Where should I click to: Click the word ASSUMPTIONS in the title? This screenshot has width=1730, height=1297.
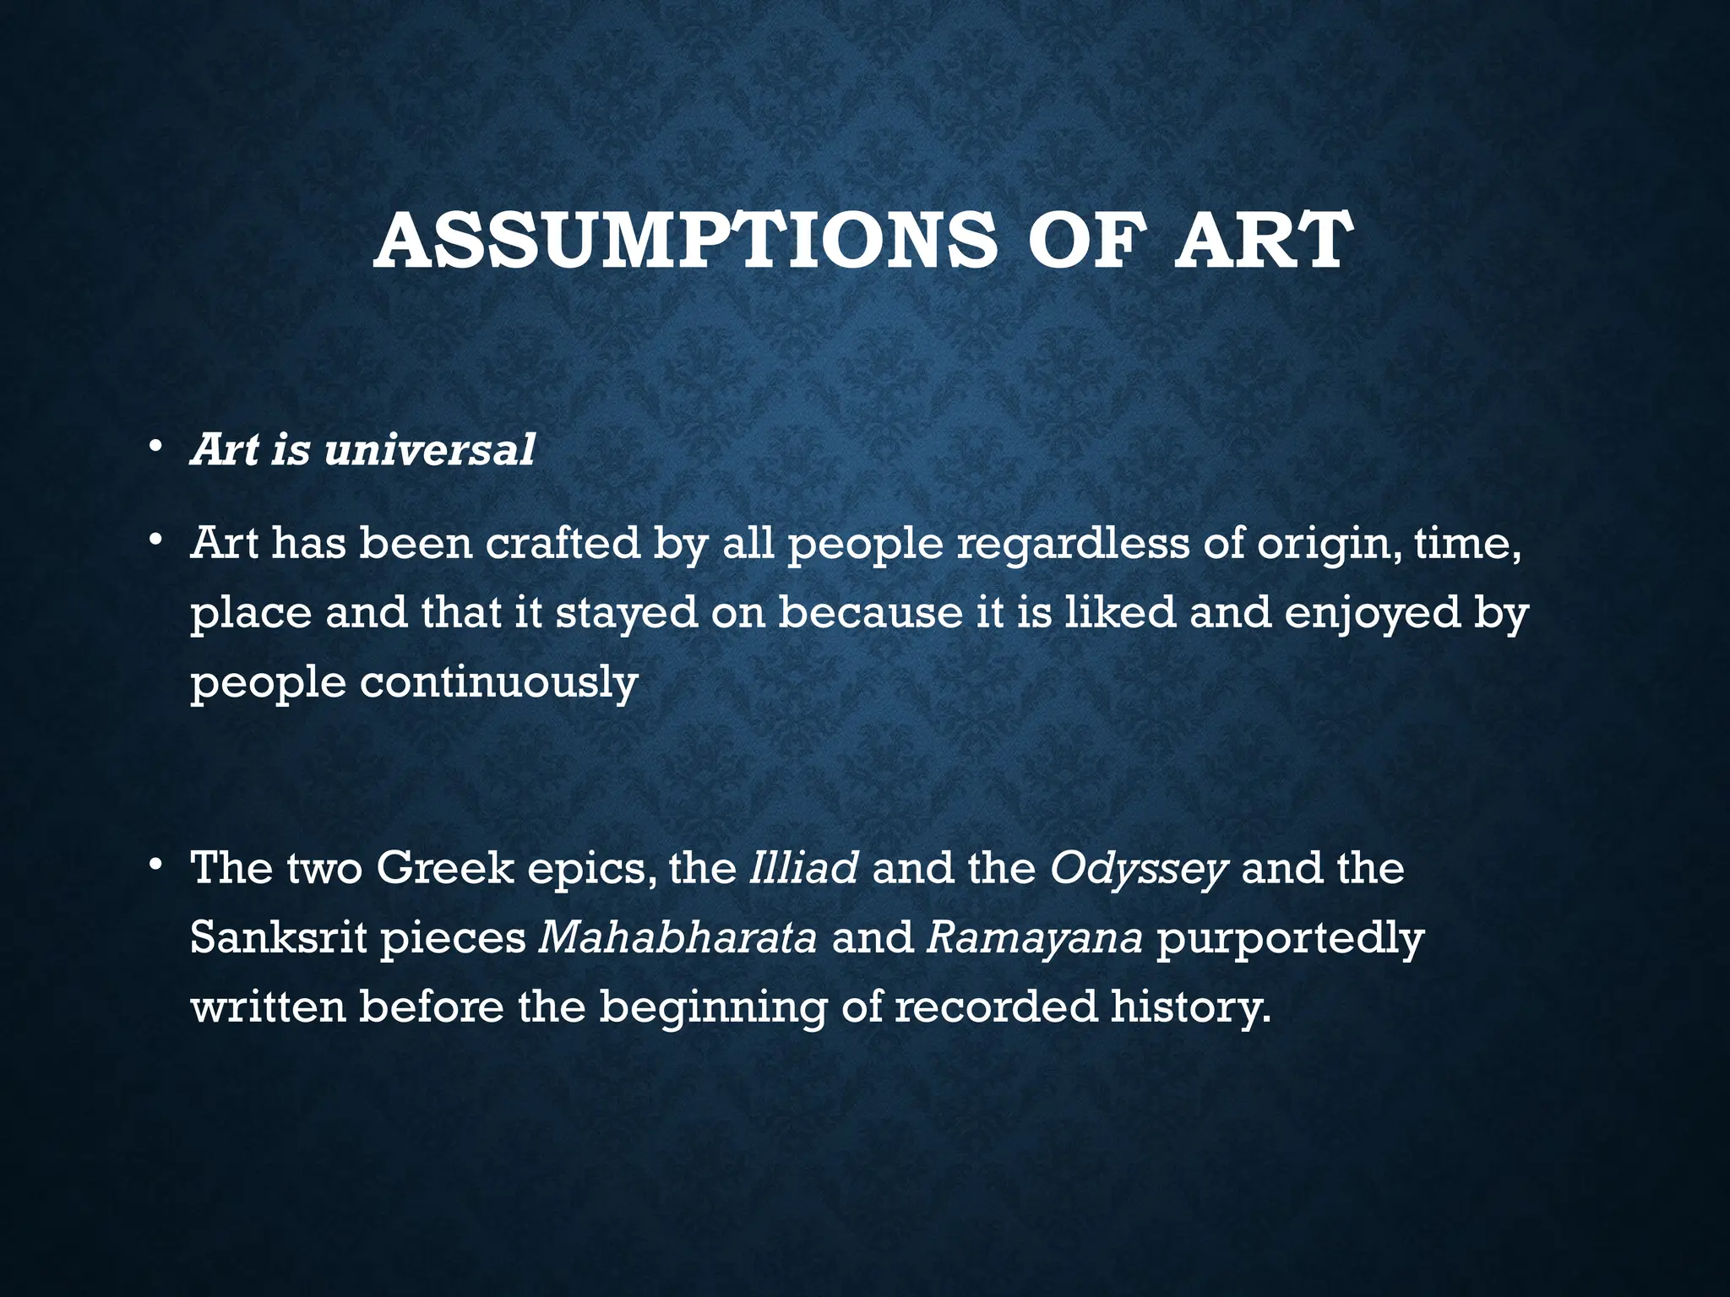[683, 241]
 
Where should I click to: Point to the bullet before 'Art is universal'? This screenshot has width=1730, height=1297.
[152, 447]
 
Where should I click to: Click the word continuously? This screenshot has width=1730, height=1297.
[498, 683]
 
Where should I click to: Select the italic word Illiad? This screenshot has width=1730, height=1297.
[803, 868]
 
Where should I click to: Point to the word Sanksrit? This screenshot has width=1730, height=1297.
[278, 937]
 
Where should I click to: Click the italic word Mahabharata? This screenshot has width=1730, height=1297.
[677, 937]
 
